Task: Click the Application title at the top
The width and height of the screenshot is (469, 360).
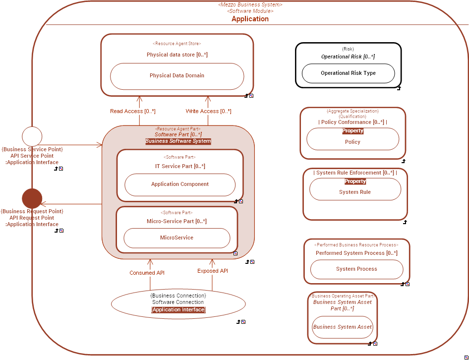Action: pyautogui.click(x=250, y=19)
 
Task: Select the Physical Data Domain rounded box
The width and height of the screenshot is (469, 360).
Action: pyautogui.click(x=177, y=76)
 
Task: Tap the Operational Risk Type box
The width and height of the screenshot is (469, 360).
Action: pyautogui.click(x=348, y=73)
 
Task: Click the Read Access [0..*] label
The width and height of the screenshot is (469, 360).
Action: pyautogui.click(x=133, y=111)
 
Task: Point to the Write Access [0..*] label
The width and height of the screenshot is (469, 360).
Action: pyautogui.click(x=208, y=111)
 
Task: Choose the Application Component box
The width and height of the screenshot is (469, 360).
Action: pyautogui.click(x=179, y=184)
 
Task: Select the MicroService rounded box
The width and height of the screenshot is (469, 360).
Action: pyautogui.click(x=176, y=238)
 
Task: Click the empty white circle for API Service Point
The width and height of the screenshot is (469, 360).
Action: pyautogui.click(x=32, y=136)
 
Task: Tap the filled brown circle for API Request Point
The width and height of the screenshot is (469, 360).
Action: pyautogui.click(x=32, y=198)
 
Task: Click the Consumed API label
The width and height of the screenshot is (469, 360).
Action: pyautogui.click(x=147, y=273)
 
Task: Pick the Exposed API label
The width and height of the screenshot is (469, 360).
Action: pyautogui.click(x=213, y=271)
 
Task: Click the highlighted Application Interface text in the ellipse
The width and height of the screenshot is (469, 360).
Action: pyautogui.click(x=178, y=310)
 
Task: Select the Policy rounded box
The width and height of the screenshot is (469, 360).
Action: pyautogui.click(x=352, y=142)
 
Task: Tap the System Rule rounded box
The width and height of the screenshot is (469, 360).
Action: pyautogui.click(x=355, y=192)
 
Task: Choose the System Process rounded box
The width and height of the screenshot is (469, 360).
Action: pyautogui.click(x=356, y=269)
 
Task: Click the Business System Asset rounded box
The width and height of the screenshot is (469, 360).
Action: pyautogui.click(x=342, y=327)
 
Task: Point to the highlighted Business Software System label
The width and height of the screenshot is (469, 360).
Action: pyautogui.click(x=178, y=141)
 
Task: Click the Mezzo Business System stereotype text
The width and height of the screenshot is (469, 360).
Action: pyautogui.click(x=250, y=4)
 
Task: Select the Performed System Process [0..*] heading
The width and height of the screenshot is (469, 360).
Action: pyautogui.click(x=356, y=253)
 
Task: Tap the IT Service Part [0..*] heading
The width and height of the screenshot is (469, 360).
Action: pyautogui.click(x=179, y=166)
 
